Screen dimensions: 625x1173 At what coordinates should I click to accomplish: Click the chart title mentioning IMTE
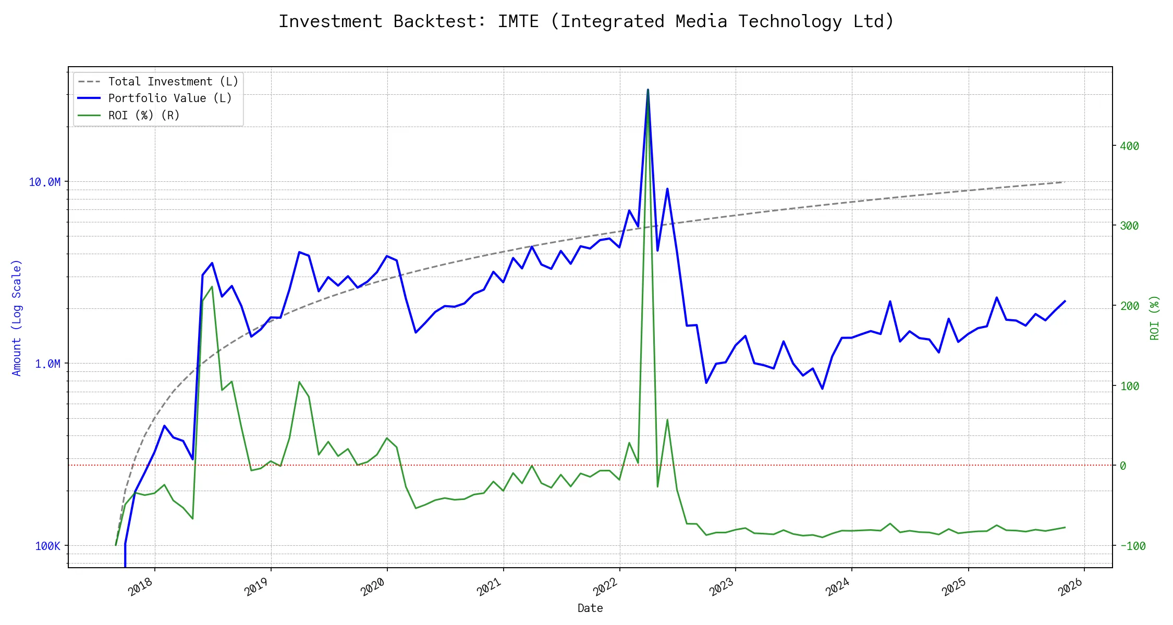point(586,21)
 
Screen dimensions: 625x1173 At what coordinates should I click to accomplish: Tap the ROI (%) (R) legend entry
point(143,116)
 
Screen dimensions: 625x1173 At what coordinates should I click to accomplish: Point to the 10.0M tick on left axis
point(45,182)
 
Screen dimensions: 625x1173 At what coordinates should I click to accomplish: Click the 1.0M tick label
point(47,364)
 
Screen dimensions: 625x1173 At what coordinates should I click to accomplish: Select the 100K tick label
point(47,546)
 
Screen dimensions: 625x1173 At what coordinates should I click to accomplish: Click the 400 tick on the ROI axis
point(1129,146)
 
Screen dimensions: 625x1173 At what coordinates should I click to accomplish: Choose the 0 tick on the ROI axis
point(1123,466)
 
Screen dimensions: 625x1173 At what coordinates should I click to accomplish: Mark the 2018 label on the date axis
point(141,587)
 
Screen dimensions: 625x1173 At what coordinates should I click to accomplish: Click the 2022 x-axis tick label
point(605,587)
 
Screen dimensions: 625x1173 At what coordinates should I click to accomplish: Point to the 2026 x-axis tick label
point(1070,587)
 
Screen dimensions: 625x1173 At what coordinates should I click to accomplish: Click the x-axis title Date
point(590,608)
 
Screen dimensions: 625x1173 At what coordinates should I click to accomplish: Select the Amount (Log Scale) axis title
point(17,318)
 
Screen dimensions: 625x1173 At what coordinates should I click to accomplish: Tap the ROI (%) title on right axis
point(1155,318)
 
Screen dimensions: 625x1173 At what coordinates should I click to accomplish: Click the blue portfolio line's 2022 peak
point(648,90)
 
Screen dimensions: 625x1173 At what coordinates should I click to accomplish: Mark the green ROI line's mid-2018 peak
point(212,286)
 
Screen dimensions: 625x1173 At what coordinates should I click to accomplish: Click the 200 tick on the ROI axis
point(1129,306)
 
